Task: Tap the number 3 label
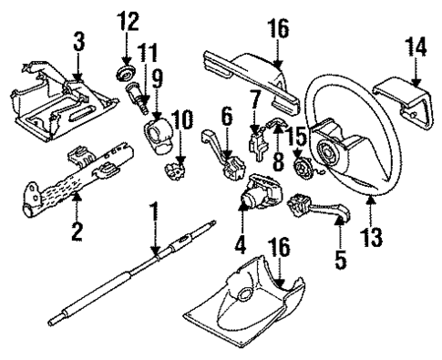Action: [79, 41]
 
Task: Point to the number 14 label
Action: [414, 46]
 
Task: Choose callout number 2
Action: [77, 230]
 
